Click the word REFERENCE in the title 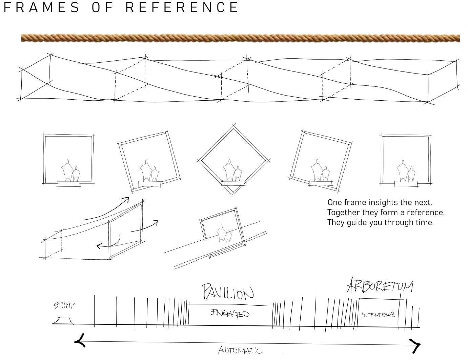(x=182, y=7)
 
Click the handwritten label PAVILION (x=228, y=292)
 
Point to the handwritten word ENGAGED (x=230, y=313)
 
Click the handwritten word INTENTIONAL (x=378, y=315)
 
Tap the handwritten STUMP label (x=64, y=305)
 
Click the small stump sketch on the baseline (x=63, y=321)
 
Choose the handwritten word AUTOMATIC (x=240, y=350)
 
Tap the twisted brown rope (x=241, y=38)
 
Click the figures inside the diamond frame (x=232, y=171)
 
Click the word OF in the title (x=103, y=7)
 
